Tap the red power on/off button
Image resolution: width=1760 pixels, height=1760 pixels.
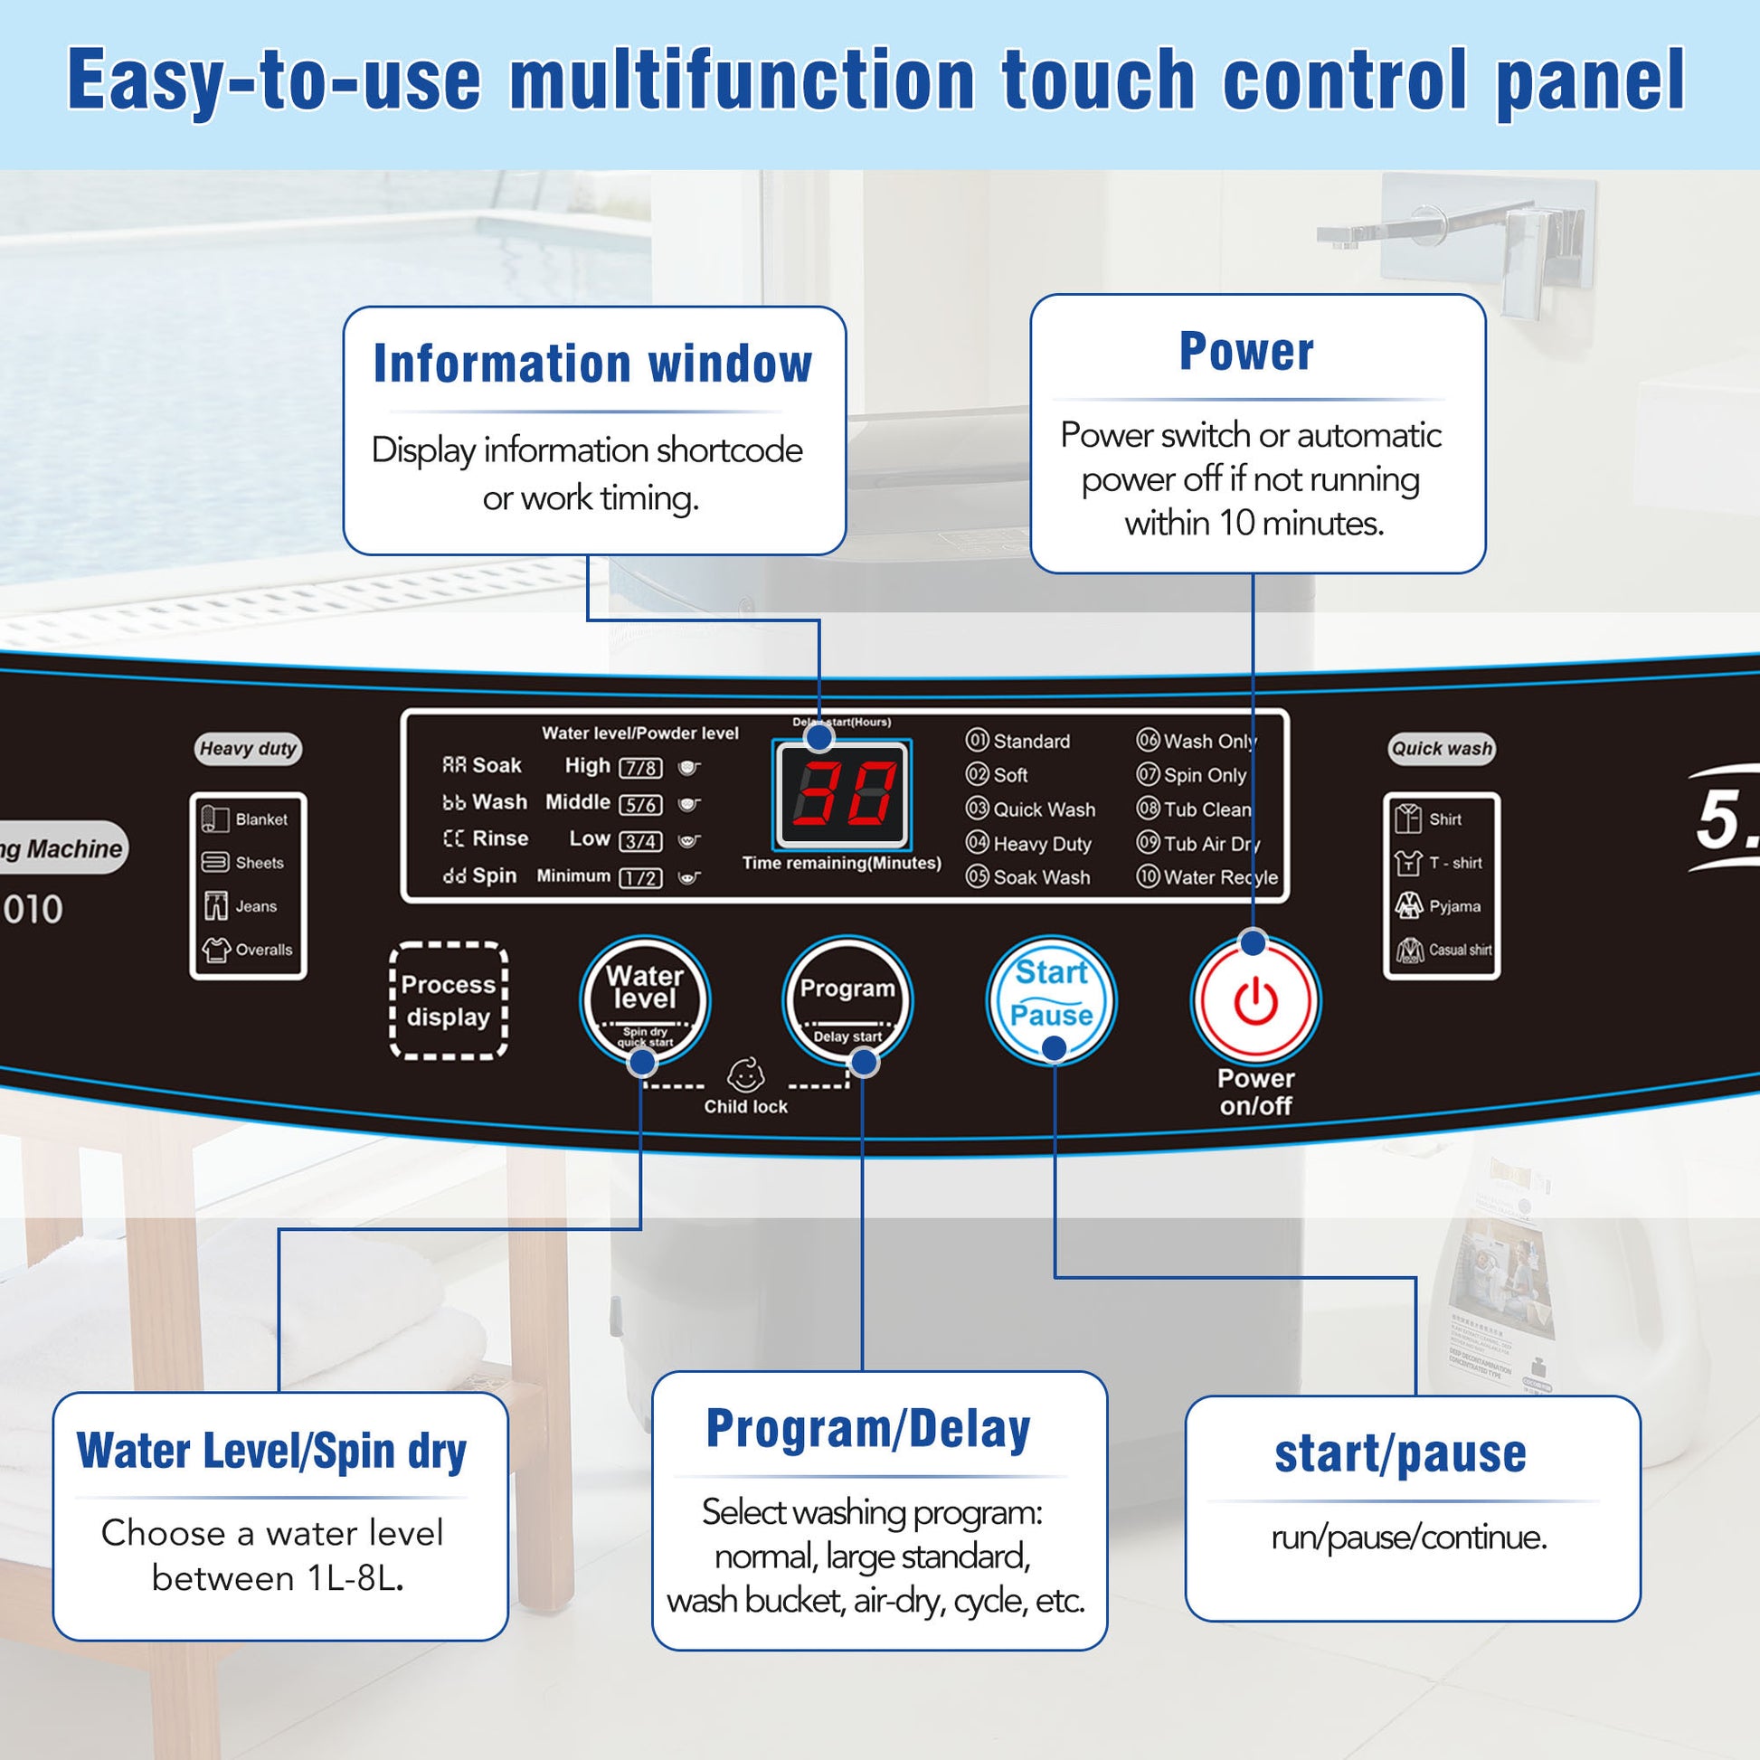pos(1255,999)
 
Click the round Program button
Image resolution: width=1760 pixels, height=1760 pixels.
pos(847,999)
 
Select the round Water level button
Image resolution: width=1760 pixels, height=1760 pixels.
pos(645,999)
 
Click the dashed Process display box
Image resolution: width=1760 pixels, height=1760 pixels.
pos(449,1000)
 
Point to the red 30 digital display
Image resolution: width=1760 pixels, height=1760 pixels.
pos(843,793)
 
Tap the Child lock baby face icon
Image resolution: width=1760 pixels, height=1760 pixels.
pos(745,1076)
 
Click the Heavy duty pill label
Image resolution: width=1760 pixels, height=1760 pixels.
pos(248,749)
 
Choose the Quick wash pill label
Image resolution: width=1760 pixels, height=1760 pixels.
pos(1441,749)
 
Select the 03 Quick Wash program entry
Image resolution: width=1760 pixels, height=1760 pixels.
pos(1031,809)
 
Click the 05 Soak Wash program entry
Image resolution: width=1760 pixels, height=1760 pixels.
pos(1028,877)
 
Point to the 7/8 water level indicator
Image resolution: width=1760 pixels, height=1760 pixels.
pos(640,768)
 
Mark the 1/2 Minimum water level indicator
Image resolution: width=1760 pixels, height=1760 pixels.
pos(640,878)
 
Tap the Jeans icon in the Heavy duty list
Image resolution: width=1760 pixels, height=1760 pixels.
pos(216,906)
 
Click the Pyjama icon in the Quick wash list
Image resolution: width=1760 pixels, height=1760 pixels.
pos(1408,905)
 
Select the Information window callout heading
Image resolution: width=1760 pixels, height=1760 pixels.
pos(593,364)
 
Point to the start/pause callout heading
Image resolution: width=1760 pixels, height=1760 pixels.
pos(1400,1453)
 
